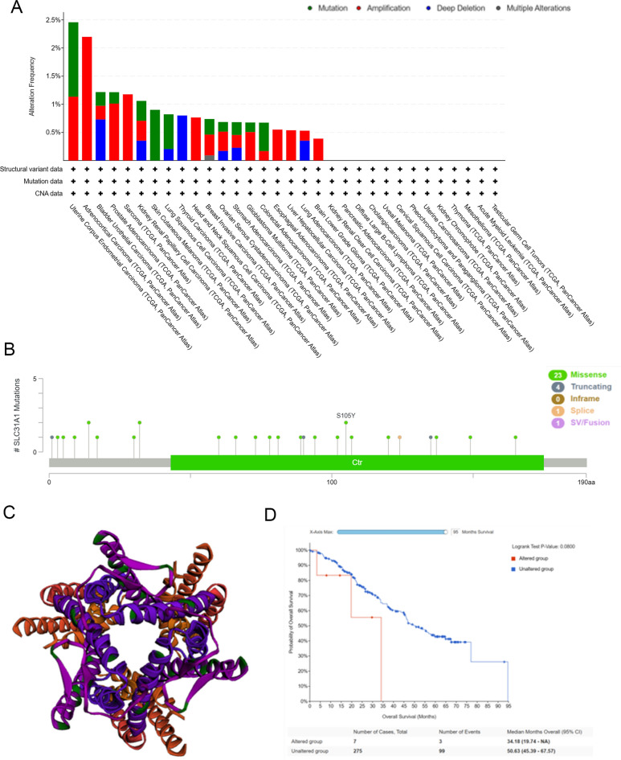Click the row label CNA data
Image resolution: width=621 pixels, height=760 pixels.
coord(49,193)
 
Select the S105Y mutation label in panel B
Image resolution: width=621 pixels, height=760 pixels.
coord(345,416)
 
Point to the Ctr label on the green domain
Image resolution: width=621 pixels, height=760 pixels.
coord(357,462)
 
